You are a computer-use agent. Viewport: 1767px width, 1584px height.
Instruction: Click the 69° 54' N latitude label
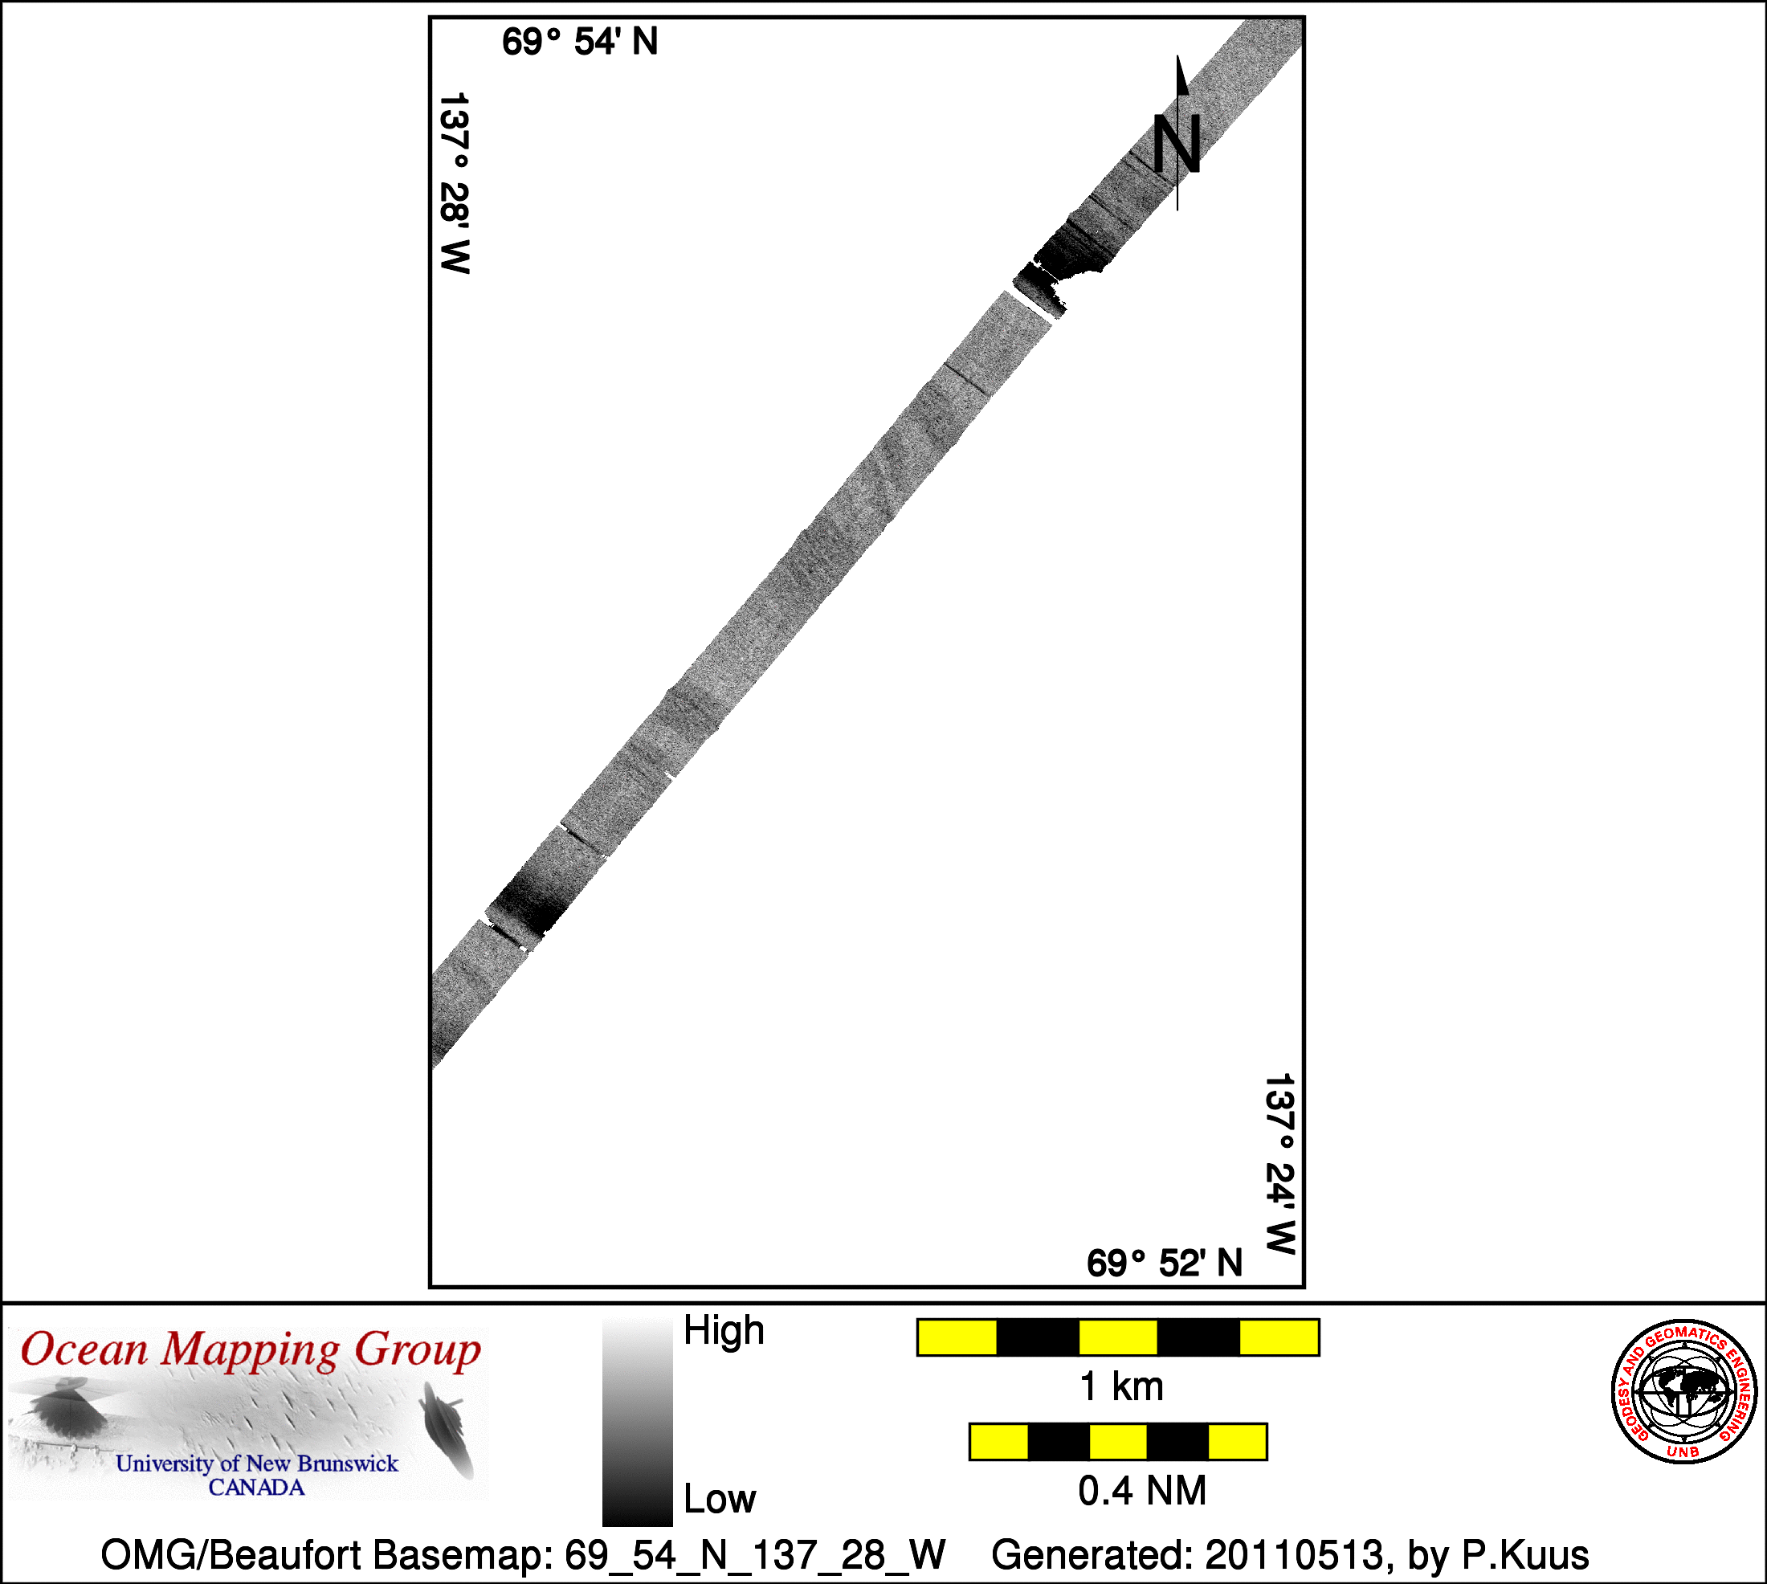tap(580, 42)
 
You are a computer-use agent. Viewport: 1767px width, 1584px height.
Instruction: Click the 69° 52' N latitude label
tap(1165, 1263)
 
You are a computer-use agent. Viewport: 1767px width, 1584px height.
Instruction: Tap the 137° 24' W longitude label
tap(1279, 1164)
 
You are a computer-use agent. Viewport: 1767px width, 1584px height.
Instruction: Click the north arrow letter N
tap(1177, 143)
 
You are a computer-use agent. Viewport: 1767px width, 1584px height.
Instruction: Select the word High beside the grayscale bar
tap(724, 1331)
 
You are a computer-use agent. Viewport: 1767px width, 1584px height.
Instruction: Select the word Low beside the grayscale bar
tap(720, 1499)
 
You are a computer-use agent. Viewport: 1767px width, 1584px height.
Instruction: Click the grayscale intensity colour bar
tap(637, 1421)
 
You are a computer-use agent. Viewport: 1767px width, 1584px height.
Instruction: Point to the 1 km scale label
tap(1121, 1386)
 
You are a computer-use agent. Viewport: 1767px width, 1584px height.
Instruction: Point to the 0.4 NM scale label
tap(1142, 1491)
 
